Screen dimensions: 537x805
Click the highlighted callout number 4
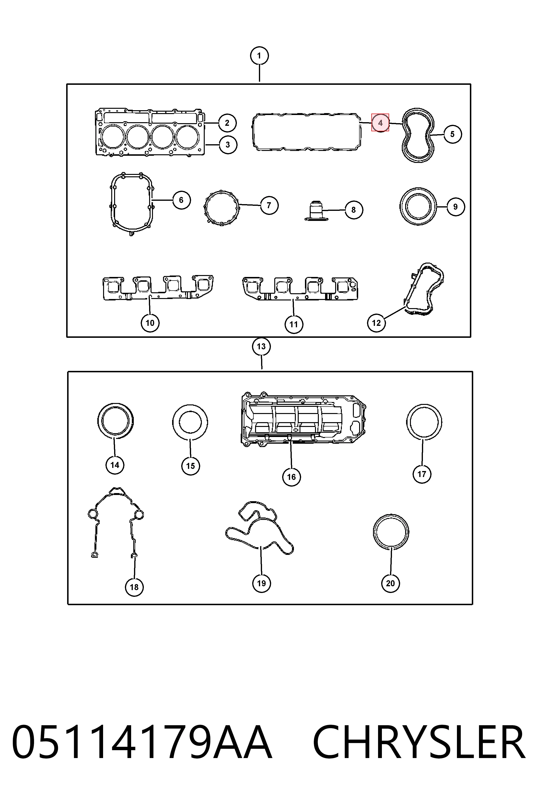[x=380, y=122]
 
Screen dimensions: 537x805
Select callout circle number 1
[x=259, y=56]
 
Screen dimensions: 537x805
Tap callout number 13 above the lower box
[x=261, y=346]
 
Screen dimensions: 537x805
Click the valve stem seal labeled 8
[x=314, y=211]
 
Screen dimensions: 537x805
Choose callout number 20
[x=391, y=583]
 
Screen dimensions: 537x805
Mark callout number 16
[x=292, y=477]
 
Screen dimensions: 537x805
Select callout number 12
[x=376, y=323]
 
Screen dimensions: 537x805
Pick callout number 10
[x=150, y=323]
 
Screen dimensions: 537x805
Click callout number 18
[x=134, y=587]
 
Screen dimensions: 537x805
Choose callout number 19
[x=261, y=583]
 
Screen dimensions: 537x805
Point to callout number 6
[x=181, y=200]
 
